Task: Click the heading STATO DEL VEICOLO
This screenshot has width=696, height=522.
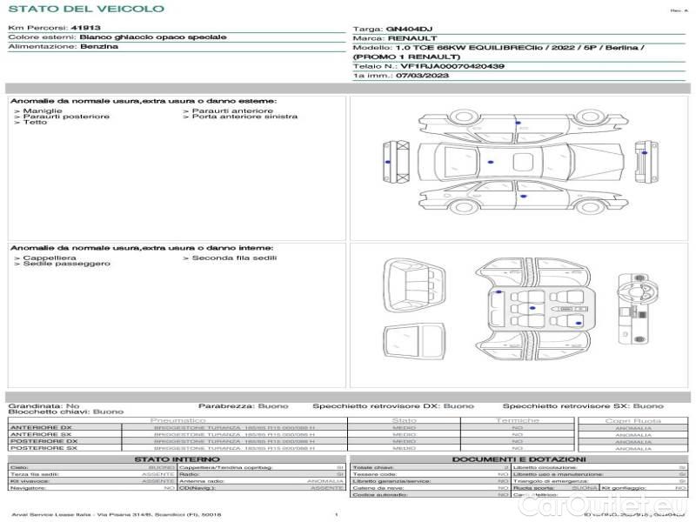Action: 85,9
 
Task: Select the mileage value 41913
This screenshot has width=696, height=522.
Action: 85,29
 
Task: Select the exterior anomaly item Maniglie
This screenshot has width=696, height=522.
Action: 42,111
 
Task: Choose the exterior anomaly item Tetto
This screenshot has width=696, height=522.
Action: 35,123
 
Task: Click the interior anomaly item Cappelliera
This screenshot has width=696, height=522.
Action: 49,258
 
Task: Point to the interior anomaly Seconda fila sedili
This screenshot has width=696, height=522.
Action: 234,258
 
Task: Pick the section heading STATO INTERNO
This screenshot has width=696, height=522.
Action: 171,458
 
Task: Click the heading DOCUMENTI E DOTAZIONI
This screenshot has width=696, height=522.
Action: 519,458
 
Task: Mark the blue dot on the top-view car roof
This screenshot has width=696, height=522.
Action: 491,163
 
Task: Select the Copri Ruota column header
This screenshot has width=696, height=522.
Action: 633,420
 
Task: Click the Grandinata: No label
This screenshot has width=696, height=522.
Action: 43,406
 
